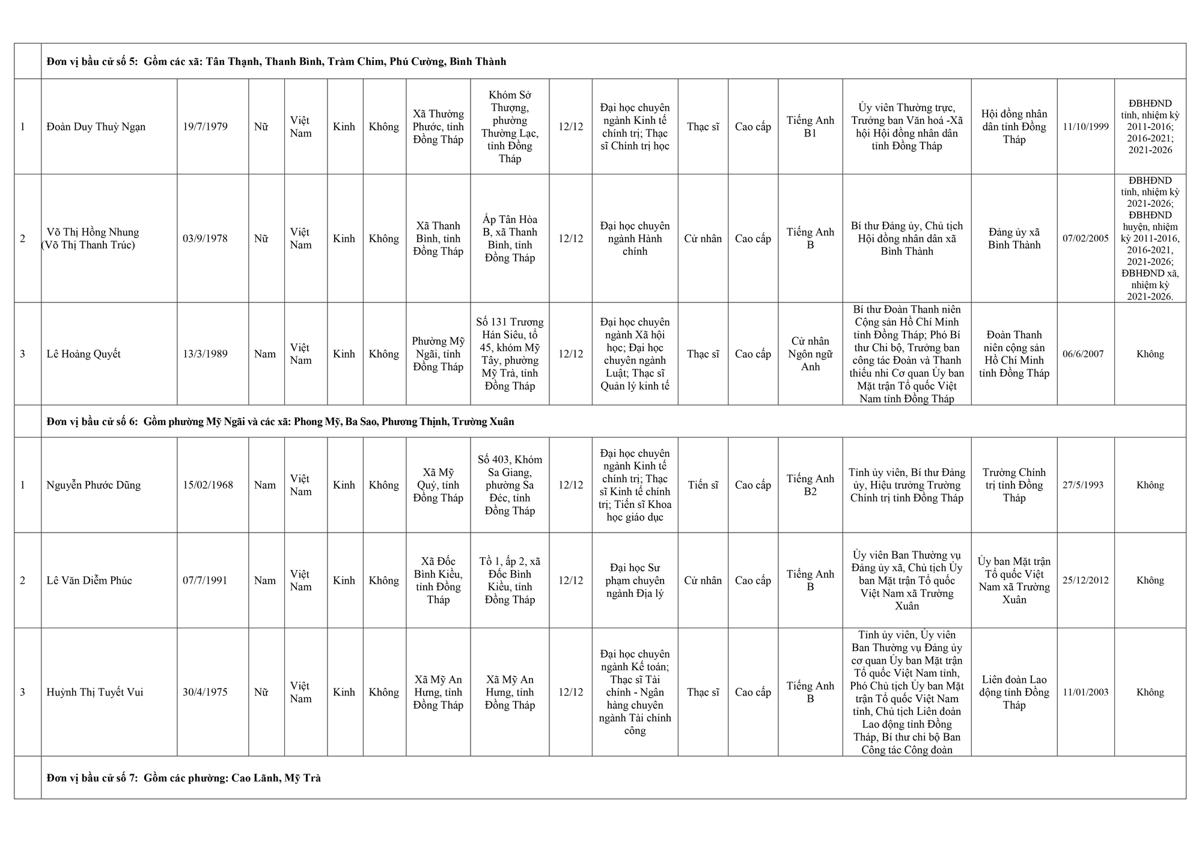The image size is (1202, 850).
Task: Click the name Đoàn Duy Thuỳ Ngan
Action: coord(96,127)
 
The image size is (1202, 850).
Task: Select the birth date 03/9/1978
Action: coord(205,239)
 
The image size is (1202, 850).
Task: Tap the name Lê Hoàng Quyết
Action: coord(84,354)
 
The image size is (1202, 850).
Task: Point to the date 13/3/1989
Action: coord(205,354)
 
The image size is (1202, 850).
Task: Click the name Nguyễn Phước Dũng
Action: coord(94,485)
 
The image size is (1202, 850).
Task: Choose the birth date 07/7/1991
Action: coord(205,581)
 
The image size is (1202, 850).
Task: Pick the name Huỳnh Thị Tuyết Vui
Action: coord(95,693)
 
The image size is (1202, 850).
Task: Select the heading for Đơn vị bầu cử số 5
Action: coord(276,61)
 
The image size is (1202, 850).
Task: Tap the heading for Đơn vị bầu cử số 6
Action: coord(280,421)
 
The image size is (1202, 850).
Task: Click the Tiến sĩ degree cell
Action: coord(703,485)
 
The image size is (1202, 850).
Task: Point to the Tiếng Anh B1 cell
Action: coord(810,127)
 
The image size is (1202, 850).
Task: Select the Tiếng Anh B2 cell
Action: coord(810,485)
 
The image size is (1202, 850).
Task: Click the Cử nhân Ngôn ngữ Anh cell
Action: coord(810,354)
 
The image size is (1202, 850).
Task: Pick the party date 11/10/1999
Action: coord(1085,127)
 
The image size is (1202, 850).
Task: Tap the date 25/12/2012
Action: coord(1085,581)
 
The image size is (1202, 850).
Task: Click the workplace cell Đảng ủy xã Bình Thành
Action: coord(1014,239)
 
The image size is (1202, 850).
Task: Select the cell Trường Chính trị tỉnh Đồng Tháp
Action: coord(1014,485)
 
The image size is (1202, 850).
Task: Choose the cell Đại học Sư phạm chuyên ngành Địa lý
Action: coord(635,581)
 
